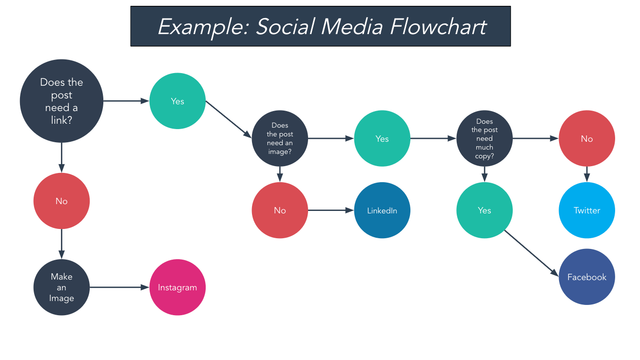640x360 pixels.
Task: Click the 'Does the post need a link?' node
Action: click(x=61, y=101)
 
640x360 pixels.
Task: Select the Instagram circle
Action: click(x=177, y=287)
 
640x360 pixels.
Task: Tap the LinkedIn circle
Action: click(x=382, y=210)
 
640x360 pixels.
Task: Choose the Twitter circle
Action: click(x=587, y=210)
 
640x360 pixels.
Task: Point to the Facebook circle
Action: click(x=587, y=277)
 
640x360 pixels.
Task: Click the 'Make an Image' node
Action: click(x=61, y=287)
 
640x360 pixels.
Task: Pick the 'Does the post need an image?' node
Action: click(x=280, y=138)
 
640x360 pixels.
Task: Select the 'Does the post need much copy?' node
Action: click(x=485, y=138)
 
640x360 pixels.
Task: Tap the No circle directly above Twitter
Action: click(x=587, y=138)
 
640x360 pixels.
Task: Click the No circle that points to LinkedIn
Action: click(x=280, y=210)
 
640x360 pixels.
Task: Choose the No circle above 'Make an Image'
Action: click(x=61, y=201)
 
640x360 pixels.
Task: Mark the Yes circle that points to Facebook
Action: click(x=485, y=210)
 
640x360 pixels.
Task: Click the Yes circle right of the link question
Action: click(x=177, y=101)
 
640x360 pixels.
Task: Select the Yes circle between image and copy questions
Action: click(x=382, y=138)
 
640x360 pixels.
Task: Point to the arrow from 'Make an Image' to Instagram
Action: click(x=119, y=287)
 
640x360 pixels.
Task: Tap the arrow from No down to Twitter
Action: click(x=587, y=174)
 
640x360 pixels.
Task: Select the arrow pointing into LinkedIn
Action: click(x=331, y=210)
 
